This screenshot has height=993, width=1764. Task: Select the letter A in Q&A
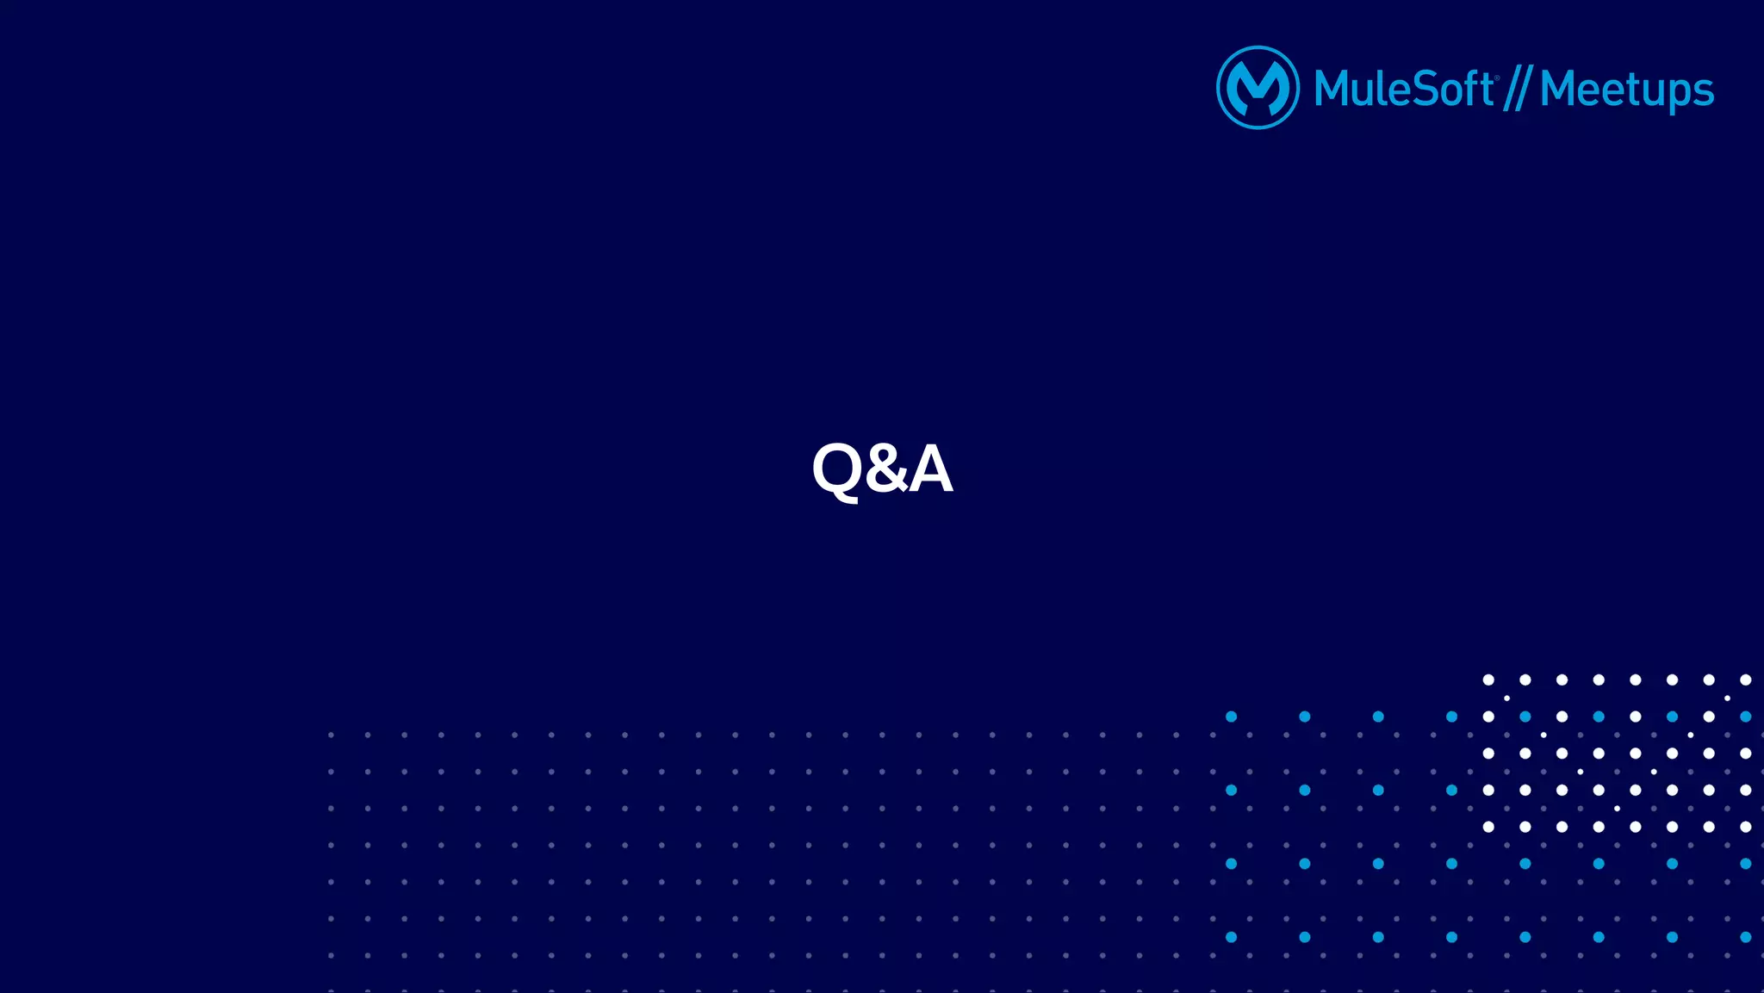click(930, 469)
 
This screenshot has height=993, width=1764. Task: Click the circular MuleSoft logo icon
click(1258, 87)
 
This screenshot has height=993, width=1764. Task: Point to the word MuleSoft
click(1403, 89)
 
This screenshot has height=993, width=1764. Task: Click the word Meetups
click(1626, 90)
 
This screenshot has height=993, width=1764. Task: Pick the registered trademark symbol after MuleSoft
click(1497, 77)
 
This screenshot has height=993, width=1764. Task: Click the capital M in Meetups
click(1560, 89)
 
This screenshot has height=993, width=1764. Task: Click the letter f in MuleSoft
click(1469, 88)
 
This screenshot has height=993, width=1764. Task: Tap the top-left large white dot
click(1488, 680)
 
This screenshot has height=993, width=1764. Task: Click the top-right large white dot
click(1745, 680)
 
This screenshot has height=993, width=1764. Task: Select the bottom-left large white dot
click(1488, 827)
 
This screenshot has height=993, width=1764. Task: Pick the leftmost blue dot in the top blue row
click(1231, 717)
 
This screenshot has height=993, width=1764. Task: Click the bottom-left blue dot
click(1231, 937)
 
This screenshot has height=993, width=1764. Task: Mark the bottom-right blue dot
click(1745, 937)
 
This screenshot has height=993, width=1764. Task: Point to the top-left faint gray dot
click(331, 735)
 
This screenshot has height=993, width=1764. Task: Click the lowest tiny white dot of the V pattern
click(1617, 809)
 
